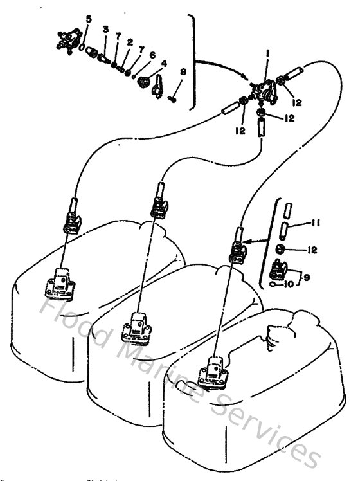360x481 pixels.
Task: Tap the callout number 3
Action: (x=105, y=30)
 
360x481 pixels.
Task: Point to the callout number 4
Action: (x=164, y=63)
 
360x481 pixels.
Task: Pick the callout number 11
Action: (x=316, y=223)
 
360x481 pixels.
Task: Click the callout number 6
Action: (x=152, y=55)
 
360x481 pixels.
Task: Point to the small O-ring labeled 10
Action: (x=274, y=283)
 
